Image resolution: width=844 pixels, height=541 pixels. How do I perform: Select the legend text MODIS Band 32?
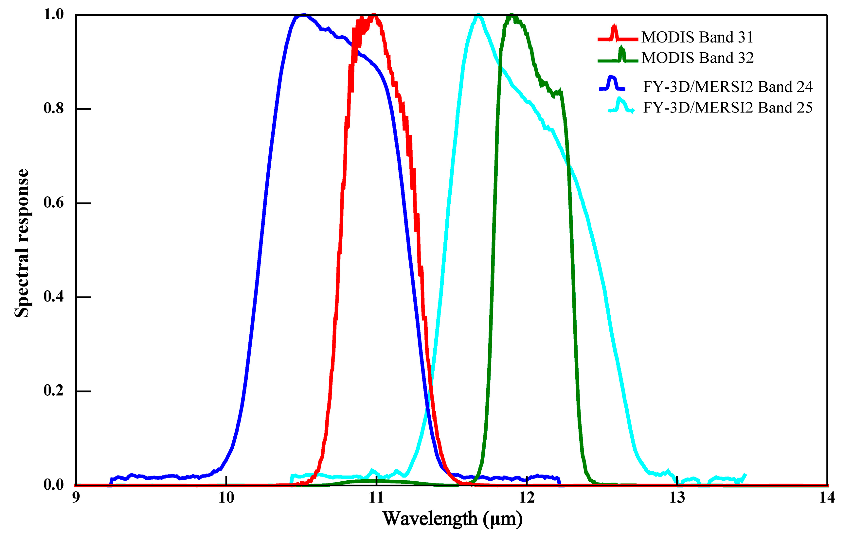coord(697,58)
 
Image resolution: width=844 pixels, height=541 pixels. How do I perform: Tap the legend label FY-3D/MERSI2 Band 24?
coord(727,87)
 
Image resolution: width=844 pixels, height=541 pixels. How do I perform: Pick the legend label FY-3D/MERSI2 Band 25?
coord(727,108)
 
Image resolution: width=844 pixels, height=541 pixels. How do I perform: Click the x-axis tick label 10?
coord(226,498)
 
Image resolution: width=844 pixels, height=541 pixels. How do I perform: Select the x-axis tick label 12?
coord(526,498)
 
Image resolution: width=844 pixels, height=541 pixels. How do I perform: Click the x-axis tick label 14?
coord(826,498)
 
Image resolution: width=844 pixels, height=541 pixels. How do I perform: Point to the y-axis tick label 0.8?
coord(53,109)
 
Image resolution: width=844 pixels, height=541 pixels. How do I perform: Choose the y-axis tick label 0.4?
coord(53,297)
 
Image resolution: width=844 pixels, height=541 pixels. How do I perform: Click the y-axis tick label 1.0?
coord(53,14)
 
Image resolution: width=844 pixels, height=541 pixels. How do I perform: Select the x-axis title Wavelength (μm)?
coord(452,519)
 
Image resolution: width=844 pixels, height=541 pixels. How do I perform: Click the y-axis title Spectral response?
coord(22,243)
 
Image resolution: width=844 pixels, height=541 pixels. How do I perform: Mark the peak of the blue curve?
coord(303,15)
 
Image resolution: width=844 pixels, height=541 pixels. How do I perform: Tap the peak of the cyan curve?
coord(478,15)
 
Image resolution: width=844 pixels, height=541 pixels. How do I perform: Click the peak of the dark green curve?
coord(512,15)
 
